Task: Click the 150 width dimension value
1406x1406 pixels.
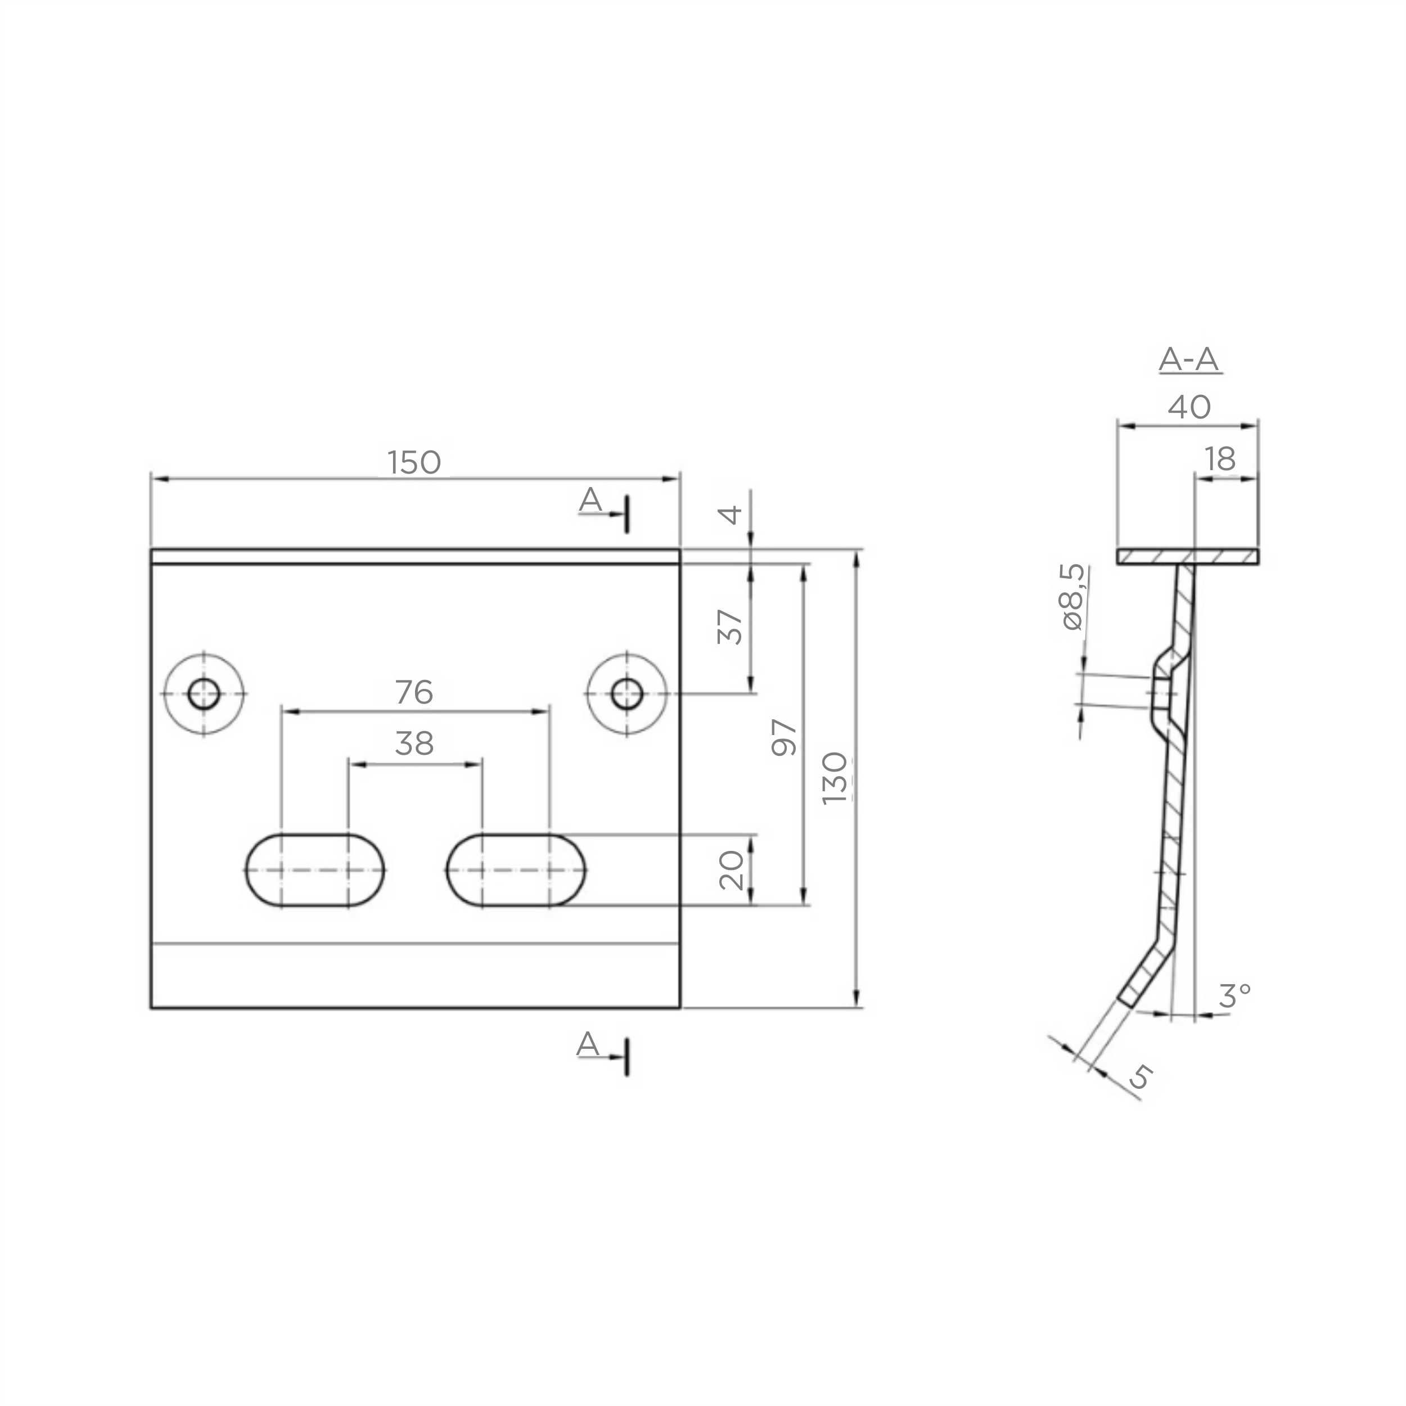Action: [x=414, y=462]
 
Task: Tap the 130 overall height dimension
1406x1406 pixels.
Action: [x=835, y=778]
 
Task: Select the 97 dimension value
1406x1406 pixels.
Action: [x=784, y=737]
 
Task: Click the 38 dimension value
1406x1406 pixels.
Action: [x=414, y=743]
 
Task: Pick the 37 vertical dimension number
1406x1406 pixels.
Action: [x=730, y=627]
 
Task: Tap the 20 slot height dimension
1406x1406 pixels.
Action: [x=731, y=871]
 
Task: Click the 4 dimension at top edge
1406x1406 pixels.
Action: [x=730, y=515]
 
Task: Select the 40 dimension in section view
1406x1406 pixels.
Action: [x=1189, y=407]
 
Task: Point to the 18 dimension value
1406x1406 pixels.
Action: [x=1220, y=459]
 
